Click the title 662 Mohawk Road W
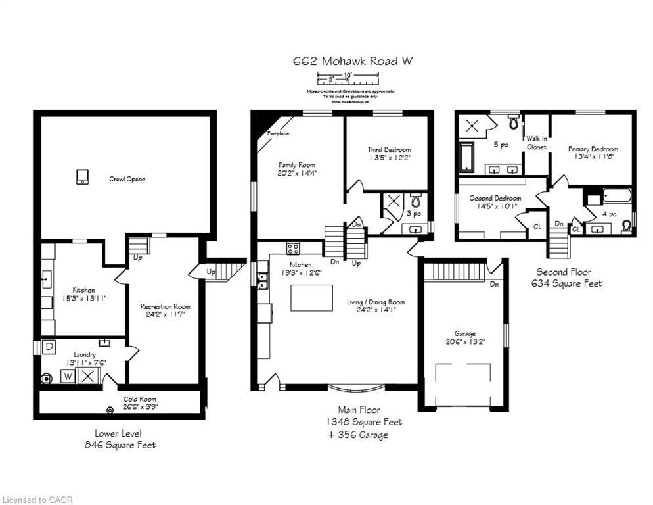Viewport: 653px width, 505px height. pyautogui.click(x=353, y=61)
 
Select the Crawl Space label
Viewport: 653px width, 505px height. pyautogui.click(x=127, y=179)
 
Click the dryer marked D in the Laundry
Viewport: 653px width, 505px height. pyautogui.click(x=48, y=346)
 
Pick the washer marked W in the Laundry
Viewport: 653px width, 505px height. pyautogui.click(x=68, y=376)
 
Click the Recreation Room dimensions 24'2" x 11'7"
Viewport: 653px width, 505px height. pyautogui.click(x=165, y=315)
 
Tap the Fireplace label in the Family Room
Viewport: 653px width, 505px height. pyautogui.click(x=277, y=133)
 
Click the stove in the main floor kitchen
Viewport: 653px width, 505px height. pyautogui.click(x=293, y=248)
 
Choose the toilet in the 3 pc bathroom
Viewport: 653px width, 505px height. pyautogui.click(x=415, y=200)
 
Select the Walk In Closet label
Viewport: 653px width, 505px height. pyautogui.click(x=536, y=143)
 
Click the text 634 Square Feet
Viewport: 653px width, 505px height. pyautogui.click(x=566, y=283)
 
